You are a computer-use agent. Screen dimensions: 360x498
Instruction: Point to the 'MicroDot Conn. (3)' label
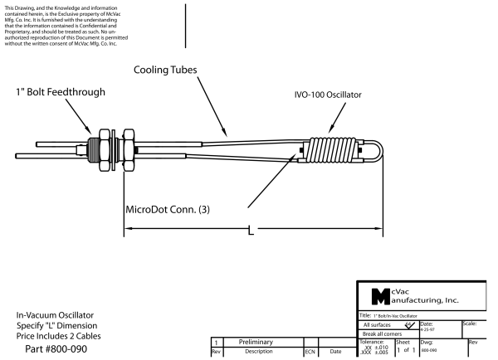(x=167, y=209)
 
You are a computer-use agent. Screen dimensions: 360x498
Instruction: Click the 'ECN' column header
(x=310, y=352)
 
